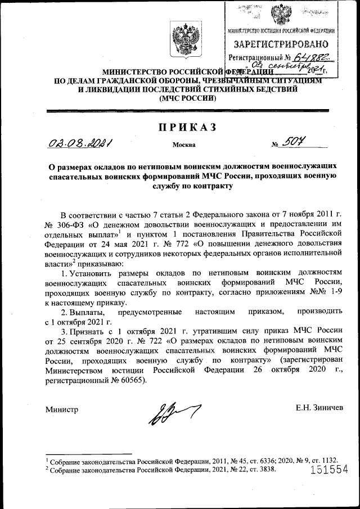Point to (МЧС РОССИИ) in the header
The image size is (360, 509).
pos(187,97)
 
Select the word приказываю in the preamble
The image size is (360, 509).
pos(100,263)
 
